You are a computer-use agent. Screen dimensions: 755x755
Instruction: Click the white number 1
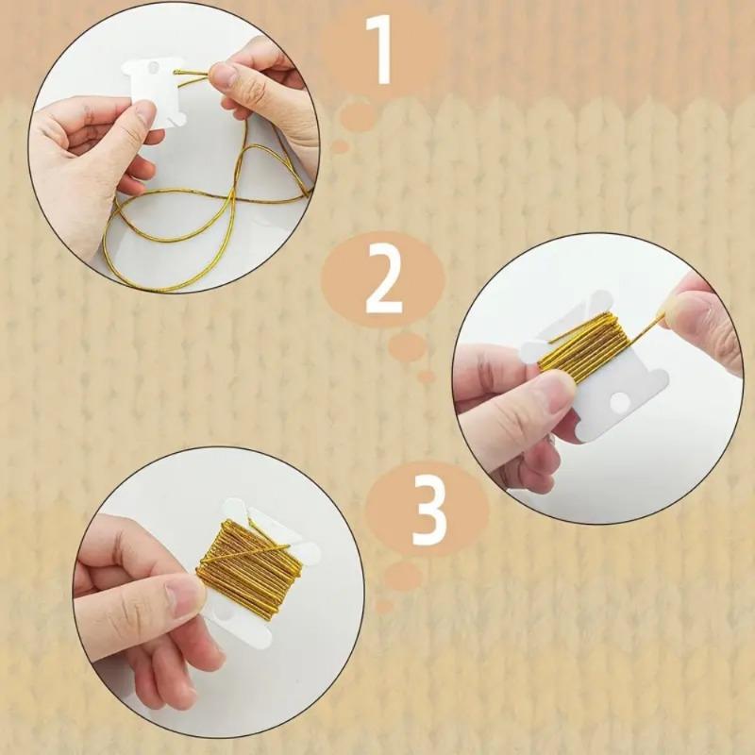(382, 49)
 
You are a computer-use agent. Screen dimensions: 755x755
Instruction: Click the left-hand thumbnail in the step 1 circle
(143, 114)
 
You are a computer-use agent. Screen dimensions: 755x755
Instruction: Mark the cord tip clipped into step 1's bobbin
(179, 73)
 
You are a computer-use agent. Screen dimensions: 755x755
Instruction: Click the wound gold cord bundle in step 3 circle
(241, 566)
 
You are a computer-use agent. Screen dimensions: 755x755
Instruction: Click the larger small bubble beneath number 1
(358, 117)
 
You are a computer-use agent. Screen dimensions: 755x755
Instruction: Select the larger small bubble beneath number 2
(407, 346)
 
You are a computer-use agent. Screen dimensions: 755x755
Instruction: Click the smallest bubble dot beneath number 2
(427, 376)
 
